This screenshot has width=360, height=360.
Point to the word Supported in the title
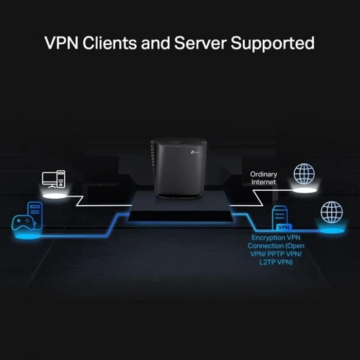[273, 44]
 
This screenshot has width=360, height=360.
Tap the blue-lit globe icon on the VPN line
[331, 211]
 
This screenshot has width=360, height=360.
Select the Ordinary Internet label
[263, 178]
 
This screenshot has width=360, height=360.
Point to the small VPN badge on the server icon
[282, 227]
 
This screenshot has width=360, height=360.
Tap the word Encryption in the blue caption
[269, 238]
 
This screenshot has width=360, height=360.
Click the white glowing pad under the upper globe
[304, 191]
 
